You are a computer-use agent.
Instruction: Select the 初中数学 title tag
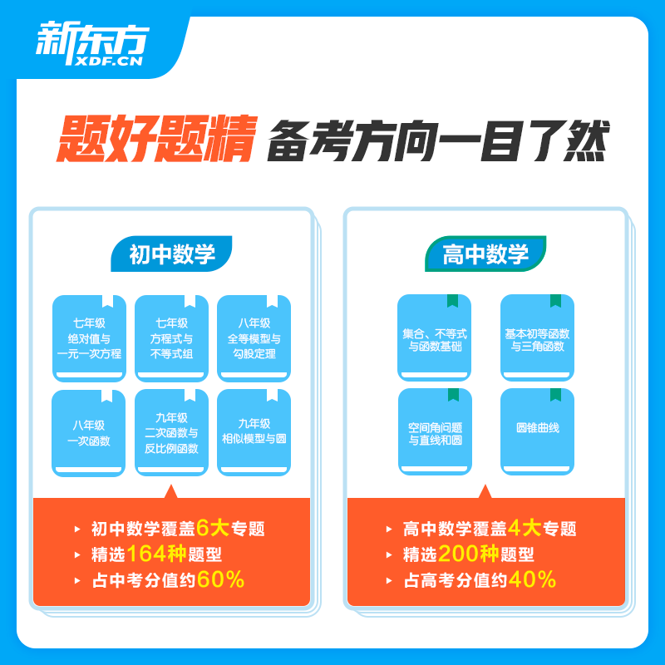[172, 254]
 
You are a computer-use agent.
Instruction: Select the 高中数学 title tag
[486, 254]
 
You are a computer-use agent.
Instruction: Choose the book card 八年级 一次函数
[89, 433]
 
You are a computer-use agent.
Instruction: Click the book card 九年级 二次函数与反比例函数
[171, 433]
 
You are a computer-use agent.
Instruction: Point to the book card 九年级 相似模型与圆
[254, 433]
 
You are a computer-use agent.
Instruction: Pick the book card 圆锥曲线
[537, 431]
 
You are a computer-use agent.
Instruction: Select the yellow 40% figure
[533, 580]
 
